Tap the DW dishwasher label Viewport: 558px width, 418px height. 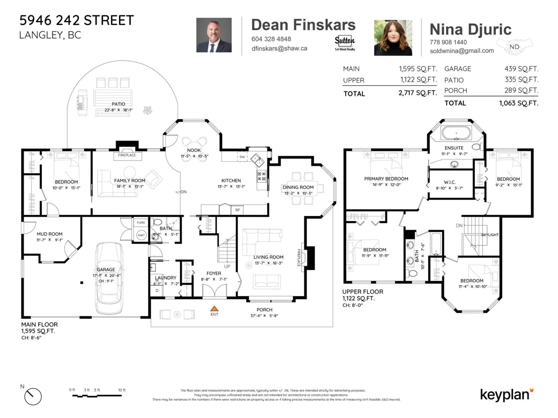(x=242, y=157)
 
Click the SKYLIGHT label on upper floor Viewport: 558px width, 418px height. (x=490, y=235)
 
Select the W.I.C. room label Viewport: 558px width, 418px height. (x=450, y=182)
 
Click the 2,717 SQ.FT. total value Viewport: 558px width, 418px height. (x=417, y=93)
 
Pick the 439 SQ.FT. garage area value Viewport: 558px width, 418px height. (x=521, y=69)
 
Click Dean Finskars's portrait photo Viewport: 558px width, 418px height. (x=214, y=35)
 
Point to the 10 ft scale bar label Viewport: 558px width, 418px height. (x=122, y=390)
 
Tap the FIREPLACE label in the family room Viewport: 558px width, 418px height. (x=127, y=155)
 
